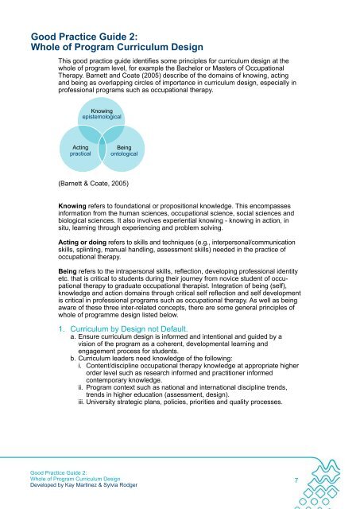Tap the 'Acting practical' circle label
79,150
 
